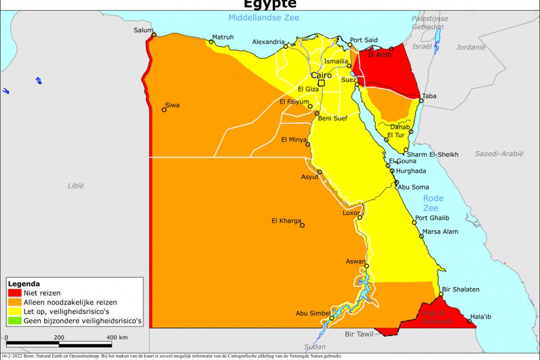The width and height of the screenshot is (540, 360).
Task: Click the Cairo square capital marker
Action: click(321, 83)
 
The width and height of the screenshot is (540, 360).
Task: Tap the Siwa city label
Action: click(172, 105)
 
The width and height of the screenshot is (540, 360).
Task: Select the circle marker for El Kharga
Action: click(302, 225)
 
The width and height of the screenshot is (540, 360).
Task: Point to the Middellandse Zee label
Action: click(263, 18)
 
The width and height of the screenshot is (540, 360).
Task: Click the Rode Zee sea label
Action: click(433, 203)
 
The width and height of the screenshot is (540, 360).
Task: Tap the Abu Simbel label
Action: click(313, 314)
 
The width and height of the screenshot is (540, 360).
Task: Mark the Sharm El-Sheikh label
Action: click(432, 154)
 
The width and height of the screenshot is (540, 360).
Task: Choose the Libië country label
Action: click(76, 185)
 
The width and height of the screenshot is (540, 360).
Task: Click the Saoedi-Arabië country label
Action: click(499, 153)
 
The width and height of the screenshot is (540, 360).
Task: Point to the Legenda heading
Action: click(24, 284)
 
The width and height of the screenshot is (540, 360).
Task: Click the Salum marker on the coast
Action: click(154, 35)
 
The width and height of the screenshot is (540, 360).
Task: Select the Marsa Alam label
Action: click(440, 232)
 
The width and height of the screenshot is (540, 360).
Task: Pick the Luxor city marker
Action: click(360, 218)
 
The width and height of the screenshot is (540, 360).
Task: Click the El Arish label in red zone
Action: click(380, 55)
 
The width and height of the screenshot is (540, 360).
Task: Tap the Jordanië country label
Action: click(471, 47)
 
